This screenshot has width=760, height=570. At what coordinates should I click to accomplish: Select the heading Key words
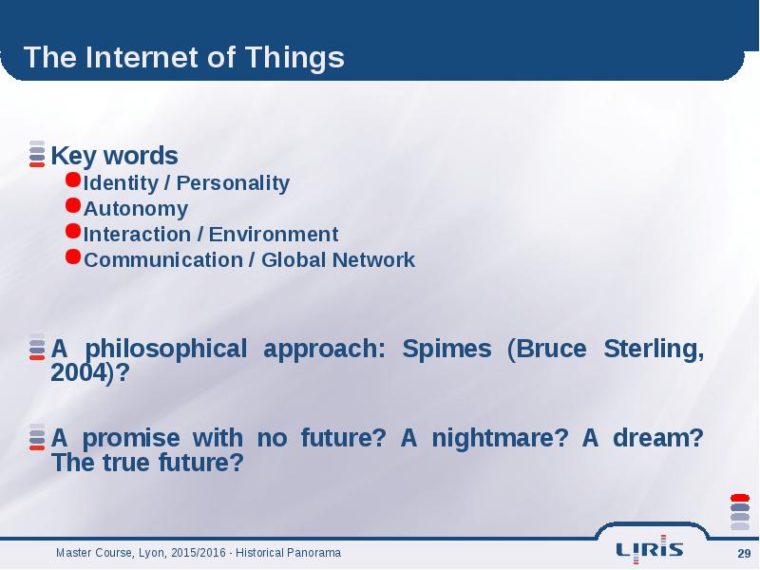(x=114, y=156)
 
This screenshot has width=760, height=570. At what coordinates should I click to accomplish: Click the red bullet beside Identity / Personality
(x=73, y=180)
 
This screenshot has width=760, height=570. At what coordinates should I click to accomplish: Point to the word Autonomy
(x=136, y=209)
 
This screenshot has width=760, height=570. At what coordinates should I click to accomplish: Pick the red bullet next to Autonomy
(x=73, y=205)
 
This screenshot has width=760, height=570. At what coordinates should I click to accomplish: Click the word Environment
(x=274, y=234)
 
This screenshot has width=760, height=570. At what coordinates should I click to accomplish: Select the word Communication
(x=163, y=259)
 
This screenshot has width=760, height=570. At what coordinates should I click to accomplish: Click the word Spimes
(x=446, y=349)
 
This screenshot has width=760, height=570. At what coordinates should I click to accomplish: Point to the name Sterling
(x=654, y=350)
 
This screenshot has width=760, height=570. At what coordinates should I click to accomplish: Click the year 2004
(x=78, y=372)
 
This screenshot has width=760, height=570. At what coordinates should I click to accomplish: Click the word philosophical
(x=165, y=350)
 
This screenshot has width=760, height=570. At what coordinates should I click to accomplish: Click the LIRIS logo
(x=650, y=549)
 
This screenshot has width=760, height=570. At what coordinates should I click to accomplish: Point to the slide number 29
(x=744, y=553)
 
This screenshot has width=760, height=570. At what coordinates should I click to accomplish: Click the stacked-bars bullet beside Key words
(x=37, y=154)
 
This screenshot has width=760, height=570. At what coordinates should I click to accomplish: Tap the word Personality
(x=233, y=183)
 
